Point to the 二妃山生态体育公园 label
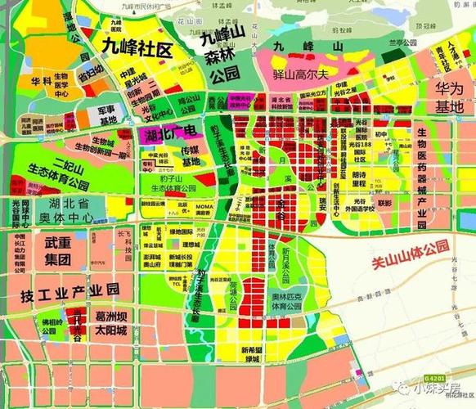point(57,166)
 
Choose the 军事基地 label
point(108,115)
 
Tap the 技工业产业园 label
point(70,289)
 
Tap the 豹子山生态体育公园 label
point(170,187)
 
